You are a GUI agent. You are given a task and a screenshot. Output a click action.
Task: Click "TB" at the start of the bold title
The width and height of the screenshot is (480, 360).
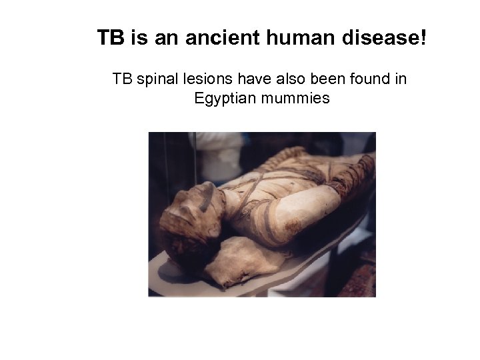tap(111, 37)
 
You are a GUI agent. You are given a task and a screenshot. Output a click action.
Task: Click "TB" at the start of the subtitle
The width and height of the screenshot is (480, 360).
tap(122, 79)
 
